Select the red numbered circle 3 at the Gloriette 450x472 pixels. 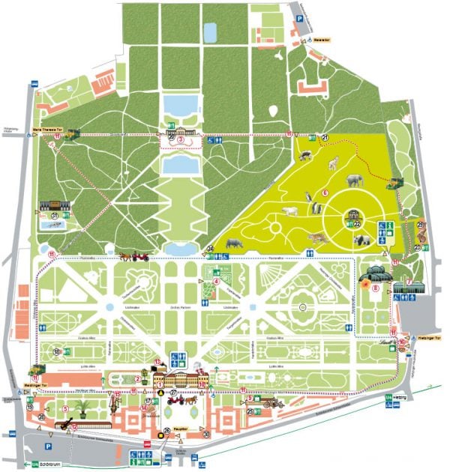coord(180,139)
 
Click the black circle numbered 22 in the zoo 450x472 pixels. coord(357,224)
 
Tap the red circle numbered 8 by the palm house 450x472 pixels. coord(365,285)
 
